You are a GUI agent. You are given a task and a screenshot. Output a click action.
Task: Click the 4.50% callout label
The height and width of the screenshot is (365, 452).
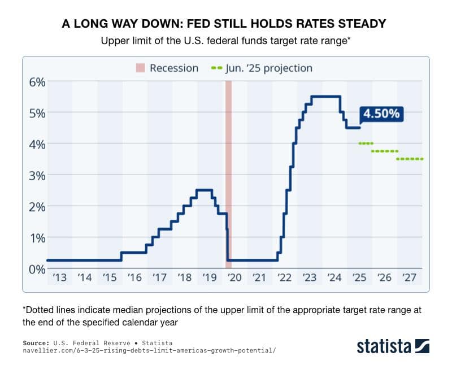[x=381, y=113]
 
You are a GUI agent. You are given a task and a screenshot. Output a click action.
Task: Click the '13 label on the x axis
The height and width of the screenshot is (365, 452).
[x=59, y=277]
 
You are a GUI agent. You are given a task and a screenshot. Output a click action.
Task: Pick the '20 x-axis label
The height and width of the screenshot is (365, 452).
[x=234, y=277]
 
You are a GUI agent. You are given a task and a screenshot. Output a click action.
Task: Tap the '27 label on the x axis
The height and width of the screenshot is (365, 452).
[x=410, y=277]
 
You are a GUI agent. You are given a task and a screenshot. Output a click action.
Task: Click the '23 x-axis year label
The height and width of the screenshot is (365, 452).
[x=310, y=277]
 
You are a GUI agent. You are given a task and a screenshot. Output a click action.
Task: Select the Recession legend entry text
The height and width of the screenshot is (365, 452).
[x=174, y=68]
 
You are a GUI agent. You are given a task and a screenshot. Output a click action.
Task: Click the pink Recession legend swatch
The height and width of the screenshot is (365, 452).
[x=140, y=68]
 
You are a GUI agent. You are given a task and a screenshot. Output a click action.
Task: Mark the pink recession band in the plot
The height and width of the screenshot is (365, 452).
[x=229, y=170]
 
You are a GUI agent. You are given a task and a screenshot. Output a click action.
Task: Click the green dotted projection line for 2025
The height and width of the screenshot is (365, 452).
[x=366, y=144]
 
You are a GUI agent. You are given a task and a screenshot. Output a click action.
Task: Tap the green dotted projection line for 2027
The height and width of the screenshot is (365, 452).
[x=410, y=159]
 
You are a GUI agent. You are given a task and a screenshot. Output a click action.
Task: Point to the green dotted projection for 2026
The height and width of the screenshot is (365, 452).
[x=385, y=151]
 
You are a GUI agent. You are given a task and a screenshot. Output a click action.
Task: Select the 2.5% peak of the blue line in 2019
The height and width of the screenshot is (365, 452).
[x=204, y=190]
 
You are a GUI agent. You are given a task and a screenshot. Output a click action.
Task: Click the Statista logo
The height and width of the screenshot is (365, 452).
[x=393, y=345]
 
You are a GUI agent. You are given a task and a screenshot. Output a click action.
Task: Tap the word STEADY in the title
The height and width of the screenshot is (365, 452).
[x=359, y=24]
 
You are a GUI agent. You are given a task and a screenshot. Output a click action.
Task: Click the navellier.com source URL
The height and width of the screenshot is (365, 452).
[x=149, y=350]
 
